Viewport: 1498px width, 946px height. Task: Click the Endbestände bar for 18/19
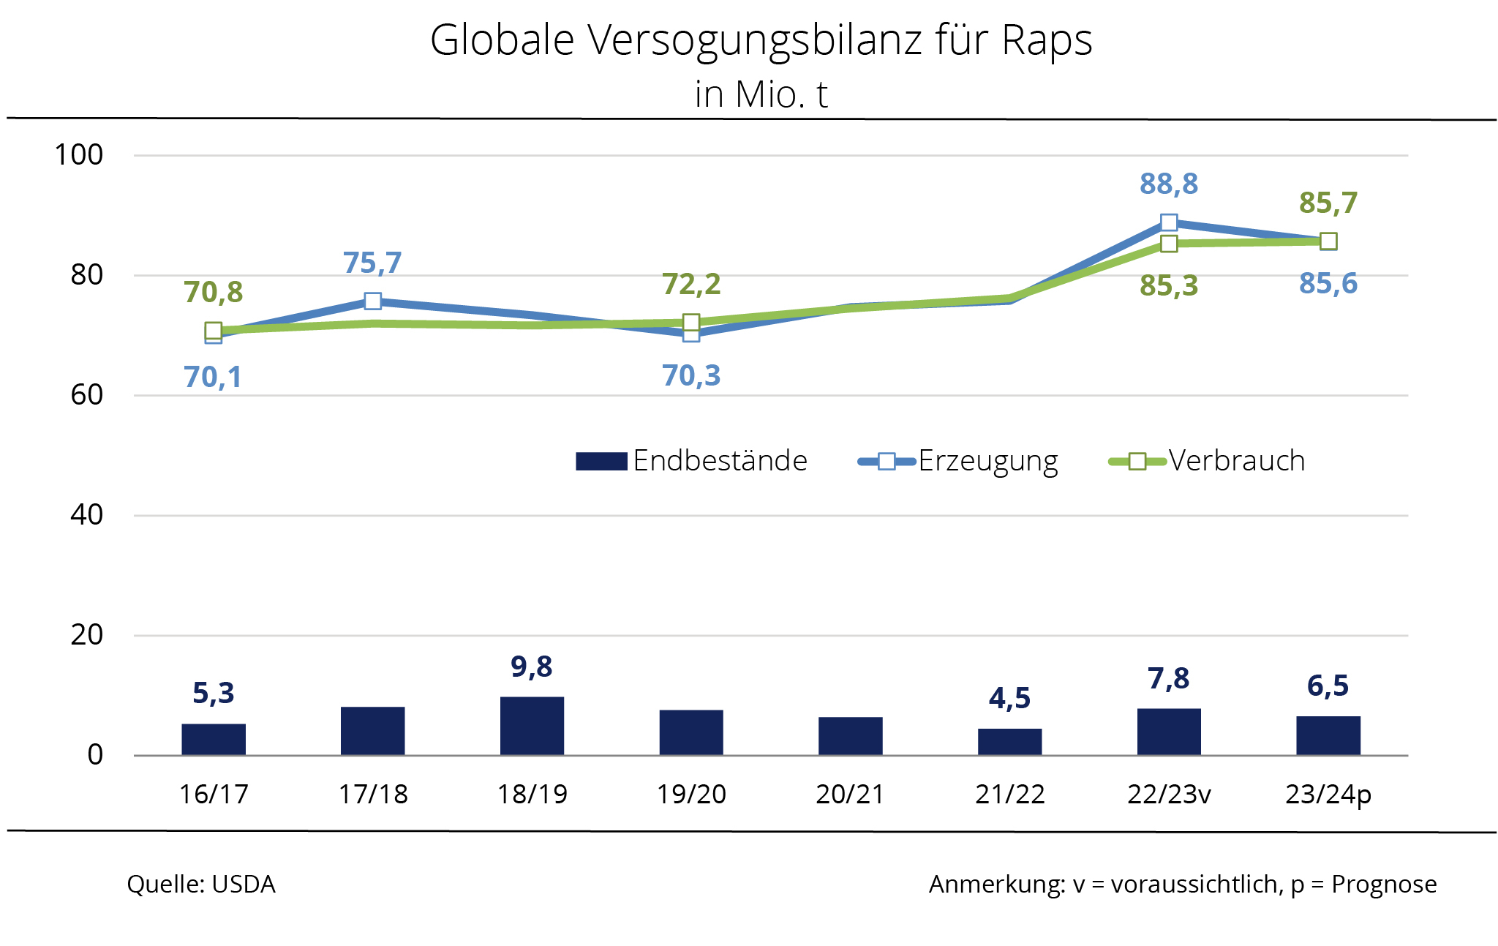(532, 725)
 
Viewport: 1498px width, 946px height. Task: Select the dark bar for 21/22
(1009, 741)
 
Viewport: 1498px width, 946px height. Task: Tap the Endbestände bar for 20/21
(850, 735)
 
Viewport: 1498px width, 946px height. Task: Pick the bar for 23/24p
(1328, 735)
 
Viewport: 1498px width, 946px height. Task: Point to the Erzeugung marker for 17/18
(372, 301)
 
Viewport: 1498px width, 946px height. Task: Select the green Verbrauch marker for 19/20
(691, 323)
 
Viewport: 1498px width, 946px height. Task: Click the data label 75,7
(372, 263)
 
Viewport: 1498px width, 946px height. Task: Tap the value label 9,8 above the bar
(532, 667)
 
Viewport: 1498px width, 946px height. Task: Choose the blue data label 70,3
(691, 376)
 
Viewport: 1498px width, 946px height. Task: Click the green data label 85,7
(1328, 203)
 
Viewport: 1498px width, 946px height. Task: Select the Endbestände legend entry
(691, 461)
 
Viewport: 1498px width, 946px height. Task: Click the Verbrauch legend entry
(1208, 461)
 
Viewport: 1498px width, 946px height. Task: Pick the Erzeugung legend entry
(958, 461)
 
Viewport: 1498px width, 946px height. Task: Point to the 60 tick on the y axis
(86, 395)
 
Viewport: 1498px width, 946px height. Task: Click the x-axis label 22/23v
(1169, 794)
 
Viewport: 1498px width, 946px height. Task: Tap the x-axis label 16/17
(214, 794)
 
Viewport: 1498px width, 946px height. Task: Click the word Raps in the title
(1047, 40)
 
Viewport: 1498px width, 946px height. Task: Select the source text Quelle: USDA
(201, 884)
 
